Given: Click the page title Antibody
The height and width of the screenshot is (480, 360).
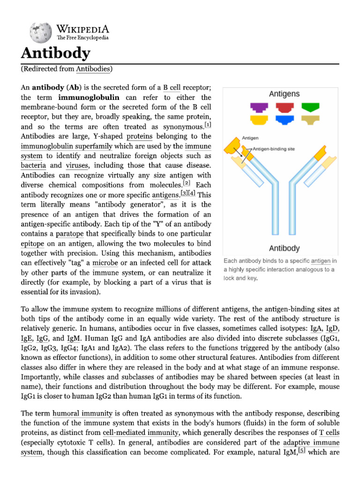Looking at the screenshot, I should [x=55, y=53].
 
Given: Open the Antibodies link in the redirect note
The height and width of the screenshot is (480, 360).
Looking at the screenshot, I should [x=93, y=69].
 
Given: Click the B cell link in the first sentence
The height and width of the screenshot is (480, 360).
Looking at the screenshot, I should [x=172, y=87].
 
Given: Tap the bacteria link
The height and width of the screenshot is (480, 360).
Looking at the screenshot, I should [x=33, y=165].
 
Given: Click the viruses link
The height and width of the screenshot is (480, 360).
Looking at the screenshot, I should [x=77, y=165].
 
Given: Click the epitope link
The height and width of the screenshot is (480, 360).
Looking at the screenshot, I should [x=32, y=243].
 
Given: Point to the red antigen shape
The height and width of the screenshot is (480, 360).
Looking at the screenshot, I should [x=284, y=107].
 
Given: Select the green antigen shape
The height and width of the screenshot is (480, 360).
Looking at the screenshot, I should [x=310, y=107].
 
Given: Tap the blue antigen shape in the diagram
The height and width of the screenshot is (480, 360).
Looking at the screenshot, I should [x=284, y=120].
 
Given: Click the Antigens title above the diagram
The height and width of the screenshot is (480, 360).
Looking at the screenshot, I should [x=284, y=94].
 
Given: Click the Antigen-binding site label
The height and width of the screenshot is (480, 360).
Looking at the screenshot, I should [x=274, y=149].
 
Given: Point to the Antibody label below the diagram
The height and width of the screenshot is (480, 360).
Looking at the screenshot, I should [x=284, y=248].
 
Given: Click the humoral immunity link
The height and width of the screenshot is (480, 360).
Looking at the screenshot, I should [x=82, y=413].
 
